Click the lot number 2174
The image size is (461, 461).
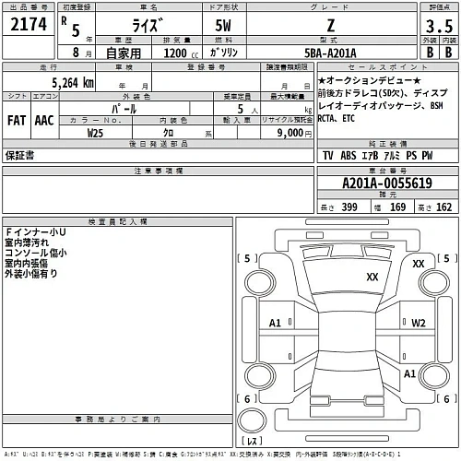(26, 27)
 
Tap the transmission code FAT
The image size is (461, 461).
(18, 120)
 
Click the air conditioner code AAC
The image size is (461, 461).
(44, 120)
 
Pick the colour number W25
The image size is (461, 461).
(95, 132)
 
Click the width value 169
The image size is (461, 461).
(397, 207)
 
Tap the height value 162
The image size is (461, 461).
(444, 207)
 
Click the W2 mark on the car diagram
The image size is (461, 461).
(419, 323)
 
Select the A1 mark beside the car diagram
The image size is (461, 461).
(275, 324)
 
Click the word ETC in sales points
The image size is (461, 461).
(347, 118)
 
